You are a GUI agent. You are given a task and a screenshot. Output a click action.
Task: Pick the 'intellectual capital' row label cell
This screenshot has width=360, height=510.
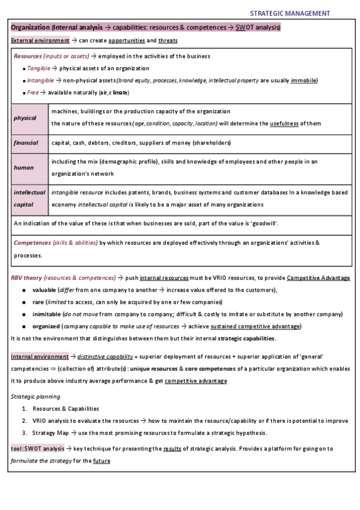(x=29, y=198)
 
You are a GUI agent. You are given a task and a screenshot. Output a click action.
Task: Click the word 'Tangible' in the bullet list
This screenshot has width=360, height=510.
(x=38, y=69)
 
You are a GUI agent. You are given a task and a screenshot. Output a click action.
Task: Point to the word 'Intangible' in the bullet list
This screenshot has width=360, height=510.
(x=41, y=81)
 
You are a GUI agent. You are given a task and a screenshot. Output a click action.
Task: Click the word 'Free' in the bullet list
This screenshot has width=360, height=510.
(x=33, y=93)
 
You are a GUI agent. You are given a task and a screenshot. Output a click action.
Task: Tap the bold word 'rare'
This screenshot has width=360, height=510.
(x=37, y=302)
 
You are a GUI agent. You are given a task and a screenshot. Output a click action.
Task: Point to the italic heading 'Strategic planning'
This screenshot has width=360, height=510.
(x=35, y=396)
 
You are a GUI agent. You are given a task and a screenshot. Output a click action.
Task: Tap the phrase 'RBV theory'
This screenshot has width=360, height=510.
(x=29, y=277)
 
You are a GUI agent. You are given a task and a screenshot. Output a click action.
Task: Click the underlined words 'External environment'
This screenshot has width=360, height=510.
(x=40, y=40)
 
